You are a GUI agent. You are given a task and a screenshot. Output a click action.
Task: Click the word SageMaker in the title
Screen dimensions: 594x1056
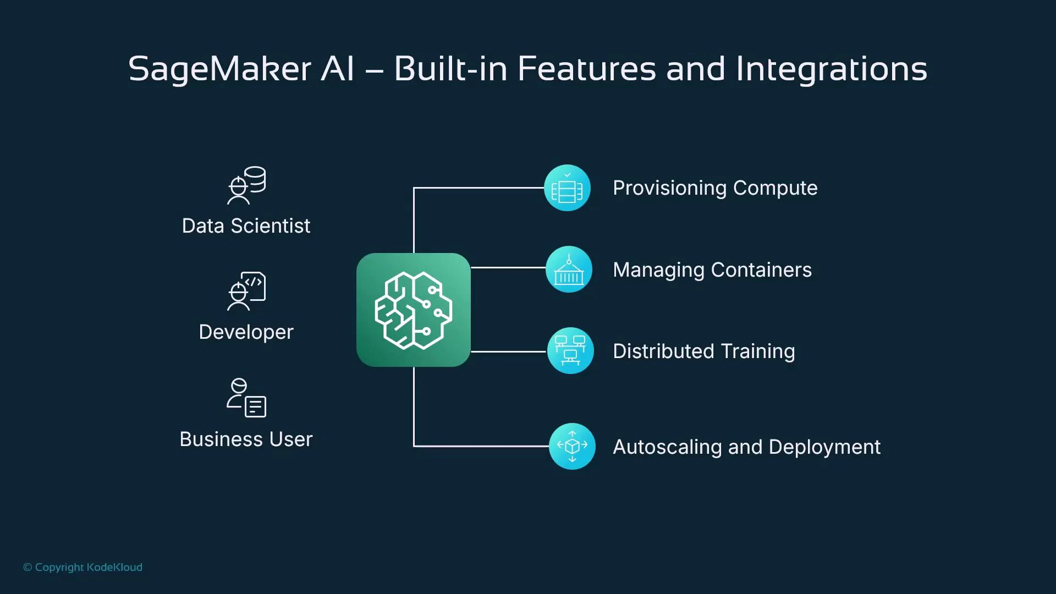219,70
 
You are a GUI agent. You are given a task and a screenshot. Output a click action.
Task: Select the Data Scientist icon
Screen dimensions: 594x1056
246,185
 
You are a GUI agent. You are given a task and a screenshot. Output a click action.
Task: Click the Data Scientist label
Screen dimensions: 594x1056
246,226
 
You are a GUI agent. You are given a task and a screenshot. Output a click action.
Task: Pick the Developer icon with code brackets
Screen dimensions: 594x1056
246,291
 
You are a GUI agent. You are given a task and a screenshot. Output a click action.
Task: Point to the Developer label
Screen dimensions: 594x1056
246,332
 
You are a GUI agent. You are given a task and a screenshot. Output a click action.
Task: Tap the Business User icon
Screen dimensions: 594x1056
246,398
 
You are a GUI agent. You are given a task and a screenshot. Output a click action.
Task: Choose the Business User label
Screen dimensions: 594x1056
246,439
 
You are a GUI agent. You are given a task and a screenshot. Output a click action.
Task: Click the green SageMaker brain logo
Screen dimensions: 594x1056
414,310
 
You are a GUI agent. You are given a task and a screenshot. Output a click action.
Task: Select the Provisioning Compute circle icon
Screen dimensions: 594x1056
567,188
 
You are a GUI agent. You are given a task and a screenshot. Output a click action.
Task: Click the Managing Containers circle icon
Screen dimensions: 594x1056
569,269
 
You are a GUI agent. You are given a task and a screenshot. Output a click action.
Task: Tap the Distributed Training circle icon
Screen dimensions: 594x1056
570,351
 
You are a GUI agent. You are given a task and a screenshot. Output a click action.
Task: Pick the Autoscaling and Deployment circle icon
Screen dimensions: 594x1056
572,446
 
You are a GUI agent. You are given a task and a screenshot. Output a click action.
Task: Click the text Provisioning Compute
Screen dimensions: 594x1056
715,188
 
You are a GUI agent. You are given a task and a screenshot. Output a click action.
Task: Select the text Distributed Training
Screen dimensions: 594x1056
703,351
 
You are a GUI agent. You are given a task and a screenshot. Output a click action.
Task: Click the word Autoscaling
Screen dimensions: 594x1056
667,447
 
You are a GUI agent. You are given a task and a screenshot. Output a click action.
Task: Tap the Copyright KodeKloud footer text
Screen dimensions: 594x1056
82,567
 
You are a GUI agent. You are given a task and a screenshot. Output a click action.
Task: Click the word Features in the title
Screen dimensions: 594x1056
586,70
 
